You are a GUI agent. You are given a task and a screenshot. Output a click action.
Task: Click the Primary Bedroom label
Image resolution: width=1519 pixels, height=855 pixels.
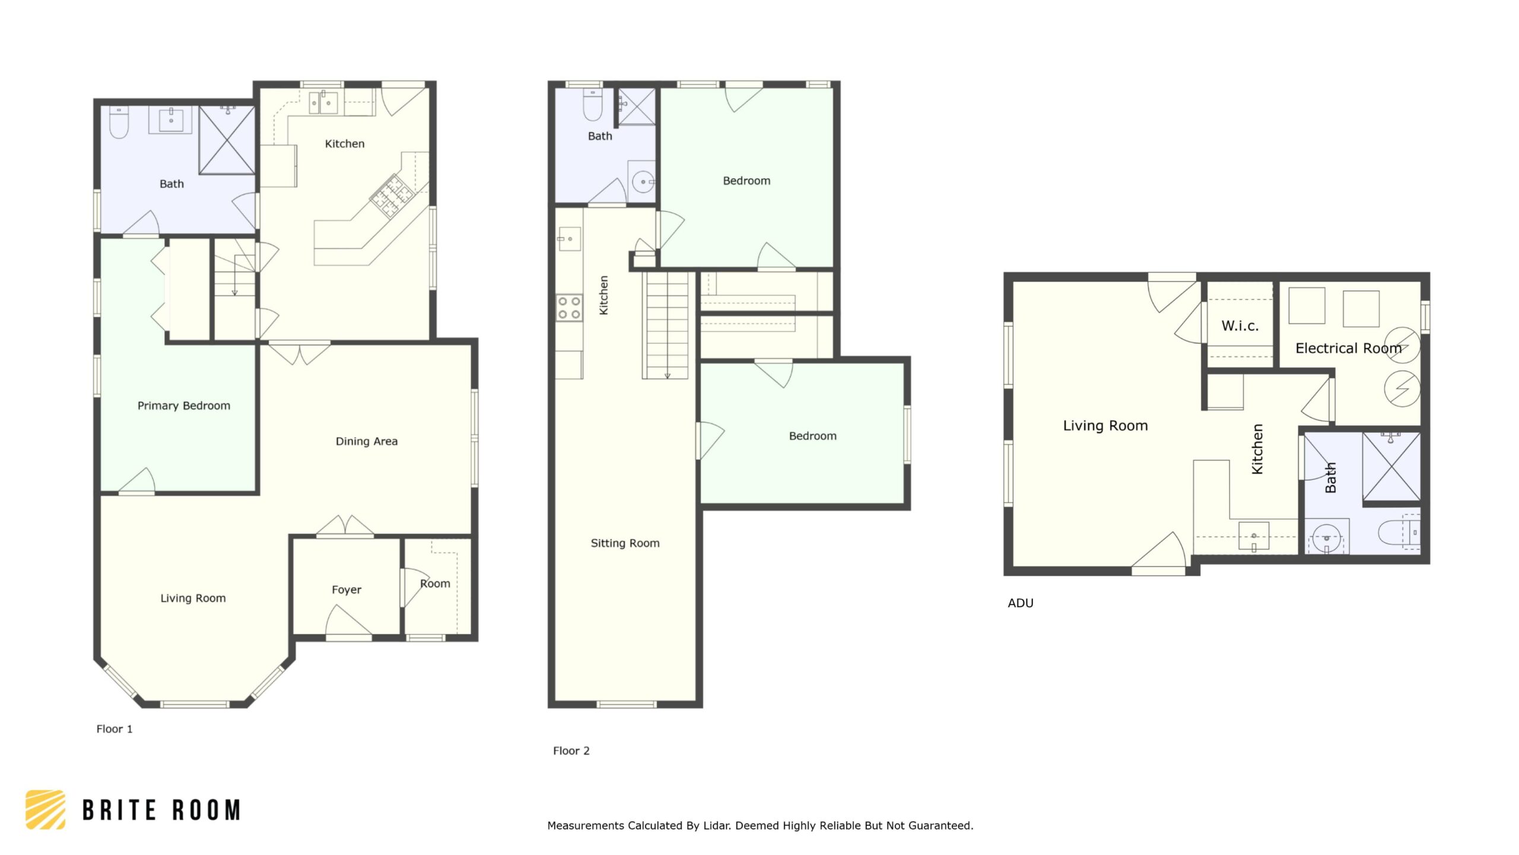pos(184,406)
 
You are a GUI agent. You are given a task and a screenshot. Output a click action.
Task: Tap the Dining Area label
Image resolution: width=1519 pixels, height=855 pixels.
pos(367,441)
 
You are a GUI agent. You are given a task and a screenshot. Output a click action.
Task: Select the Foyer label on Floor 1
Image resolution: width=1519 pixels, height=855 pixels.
pos(347,590)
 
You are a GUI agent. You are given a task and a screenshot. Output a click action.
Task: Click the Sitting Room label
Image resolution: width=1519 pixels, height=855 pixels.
pos(625,543)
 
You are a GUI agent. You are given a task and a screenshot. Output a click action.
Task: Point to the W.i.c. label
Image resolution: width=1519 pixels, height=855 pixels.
pos(1240,325)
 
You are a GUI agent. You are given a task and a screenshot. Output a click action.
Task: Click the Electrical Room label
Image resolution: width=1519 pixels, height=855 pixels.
pos(1348,348)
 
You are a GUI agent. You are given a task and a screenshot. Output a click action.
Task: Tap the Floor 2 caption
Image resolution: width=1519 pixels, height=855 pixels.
pos(571,750)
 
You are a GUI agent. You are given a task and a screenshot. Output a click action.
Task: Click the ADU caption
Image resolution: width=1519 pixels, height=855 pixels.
pos(1021,603)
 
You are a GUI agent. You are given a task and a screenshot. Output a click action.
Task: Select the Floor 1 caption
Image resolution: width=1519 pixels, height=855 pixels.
pos(115,729)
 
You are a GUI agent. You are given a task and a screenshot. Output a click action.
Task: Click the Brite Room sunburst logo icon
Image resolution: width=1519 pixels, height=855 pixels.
pos(46,809)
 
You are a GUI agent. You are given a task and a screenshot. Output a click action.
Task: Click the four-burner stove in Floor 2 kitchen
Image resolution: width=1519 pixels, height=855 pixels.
pos(569,308)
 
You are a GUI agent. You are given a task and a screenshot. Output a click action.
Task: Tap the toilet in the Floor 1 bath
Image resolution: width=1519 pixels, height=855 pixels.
pos(119,122)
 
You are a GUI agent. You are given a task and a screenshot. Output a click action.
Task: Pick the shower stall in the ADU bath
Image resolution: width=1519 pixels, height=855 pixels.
pos(1391,467)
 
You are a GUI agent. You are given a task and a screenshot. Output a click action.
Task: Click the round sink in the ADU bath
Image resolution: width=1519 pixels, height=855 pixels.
pos(1326,538)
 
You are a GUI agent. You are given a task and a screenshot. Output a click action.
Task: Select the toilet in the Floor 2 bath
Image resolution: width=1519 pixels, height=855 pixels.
pos(593,104)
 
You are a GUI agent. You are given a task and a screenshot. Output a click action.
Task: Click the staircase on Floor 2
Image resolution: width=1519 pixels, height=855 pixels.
pos(667,325)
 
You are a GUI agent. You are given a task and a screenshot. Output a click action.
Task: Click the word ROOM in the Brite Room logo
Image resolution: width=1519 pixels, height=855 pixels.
pos(206,810)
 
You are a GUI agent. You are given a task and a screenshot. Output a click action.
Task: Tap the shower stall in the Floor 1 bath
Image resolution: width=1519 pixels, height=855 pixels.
pos(227,140)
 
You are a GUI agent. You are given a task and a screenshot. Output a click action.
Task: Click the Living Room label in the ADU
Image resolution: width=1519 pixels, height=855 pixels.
pos(1105,426)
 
